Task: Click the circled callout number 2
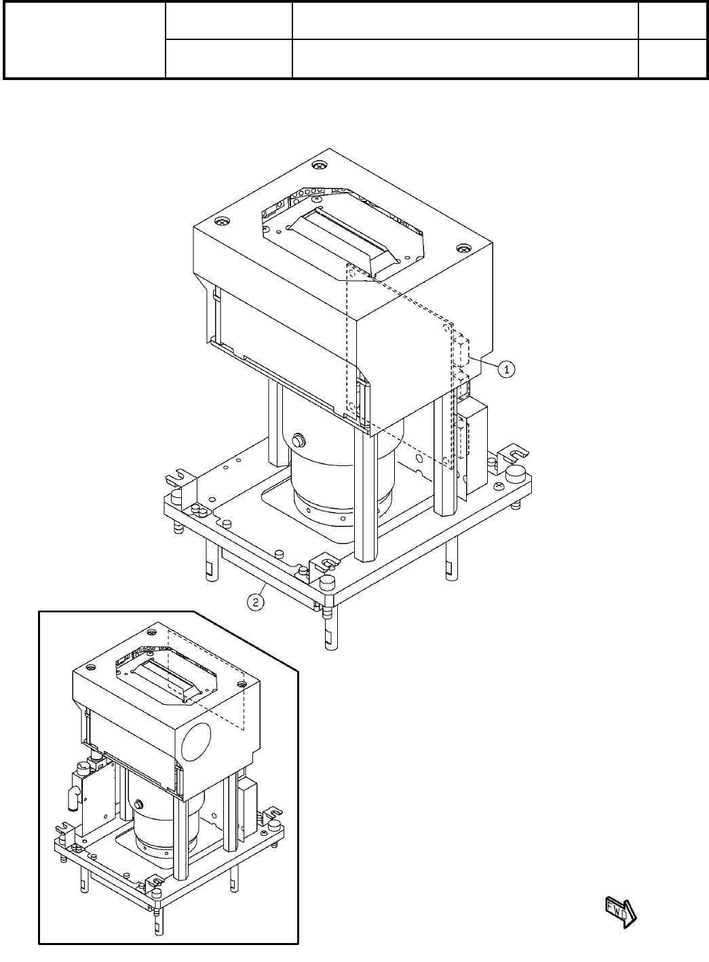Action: tap(255, 601)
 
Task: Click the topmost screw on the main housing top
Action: tap(318, 166)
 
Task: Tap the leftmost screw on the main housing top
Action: tap(219, 222)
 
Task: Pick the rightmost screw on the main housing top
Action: tap(464, 248)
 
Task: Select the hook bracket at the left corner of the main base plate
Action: tap(178, 478)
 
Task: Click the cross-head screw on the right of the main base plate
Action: tap(499, 486)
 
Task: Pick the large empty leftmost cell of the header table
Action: tap(85, 39)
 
